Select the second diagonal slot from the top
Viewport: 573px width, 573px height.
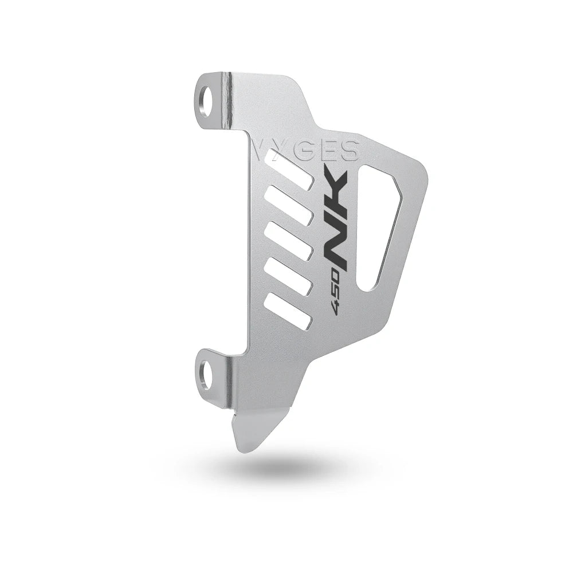(x=289, y=205)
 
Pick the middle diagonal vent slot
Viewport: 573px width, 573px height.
(x=289, y=241)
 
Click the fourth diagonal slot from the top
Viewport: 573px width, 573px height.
(x=289, y=277)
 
